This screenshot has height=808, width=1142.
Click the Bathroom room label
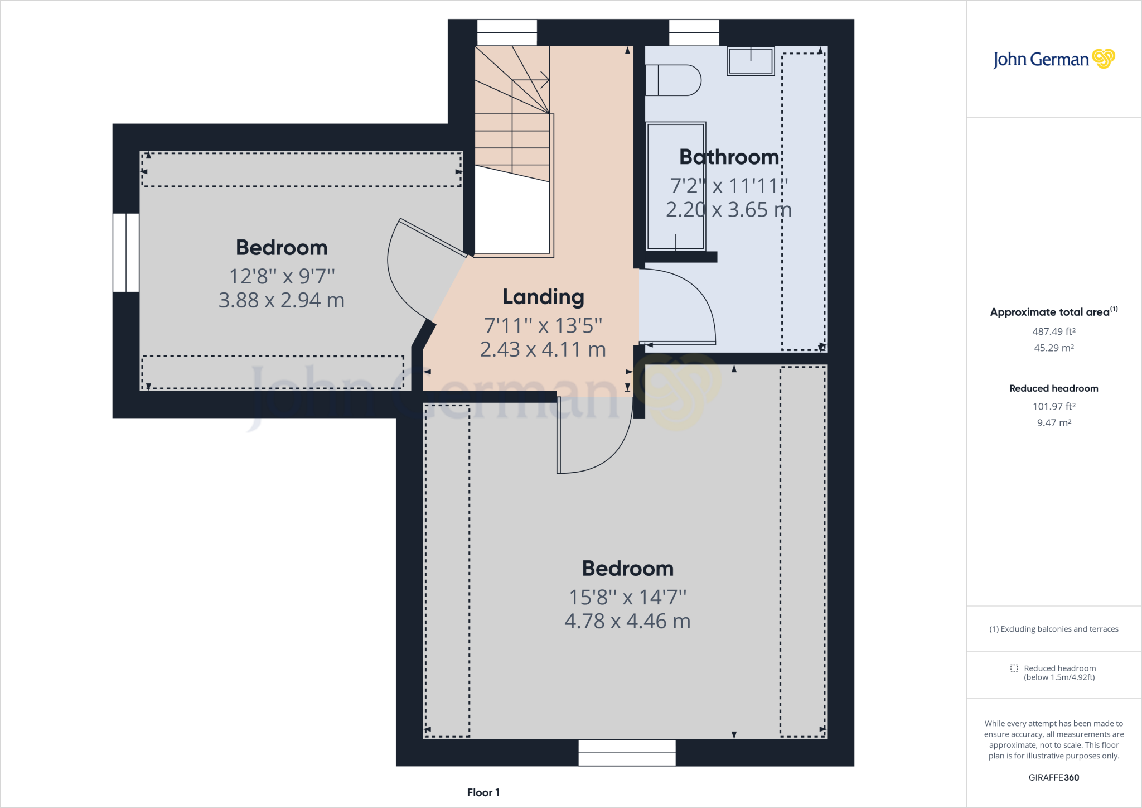pos(729,157)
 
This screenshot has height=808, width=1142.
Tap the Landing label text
pos(543,297)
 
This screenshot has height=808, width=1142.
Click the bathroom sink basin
pos(751,61)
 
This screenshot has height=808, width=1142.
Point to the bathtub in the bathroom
pos(676,186)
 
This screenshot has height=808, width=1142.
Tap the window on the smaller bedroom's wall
pos(126,252)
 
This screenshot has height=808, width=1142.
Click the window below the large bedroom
pos(627,753)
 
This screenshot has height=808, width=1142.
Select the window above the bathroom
pos(694,32)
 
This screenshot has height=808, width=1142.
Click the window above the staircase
pos(507,32)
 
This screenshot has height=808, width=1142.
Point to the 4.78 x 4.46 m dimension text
pos(627,621)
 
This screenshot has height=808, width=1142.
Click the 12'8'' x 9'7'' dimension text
pos(282,276)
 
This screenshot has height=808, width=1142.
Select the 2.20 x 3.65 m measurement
pos(729,210)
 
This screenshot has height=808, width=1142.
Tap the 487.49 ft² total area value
pos(1053,331)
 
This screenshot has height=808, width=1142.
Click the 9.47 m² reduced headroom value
pos(1053,423)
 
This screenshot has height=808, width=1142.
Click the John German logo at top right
pos(1053,59)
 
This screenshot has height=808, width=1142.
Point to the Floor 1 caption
pos(483,792)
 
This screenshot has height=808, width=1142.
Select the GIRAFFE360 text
pos(1053,777)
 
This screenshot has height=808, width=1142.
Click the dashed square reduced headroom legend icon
pos(1014,668)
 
